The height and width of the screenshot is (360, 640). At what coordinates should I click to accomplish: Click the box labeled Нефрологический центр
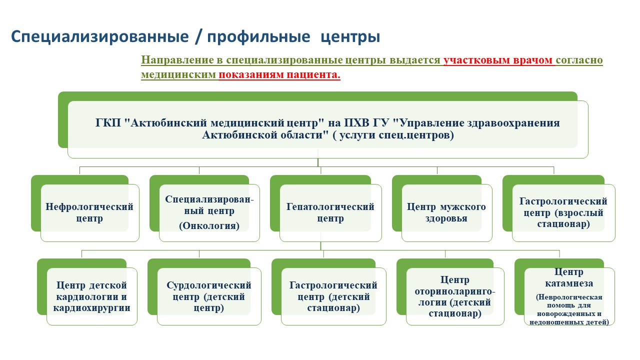click(89, 212)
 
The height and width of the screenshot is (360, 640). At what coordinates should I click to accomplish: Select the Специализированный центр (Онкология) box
click(209, 212)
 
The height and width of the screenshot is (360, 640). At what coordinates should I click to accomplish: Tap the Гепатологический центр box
click(330, 212)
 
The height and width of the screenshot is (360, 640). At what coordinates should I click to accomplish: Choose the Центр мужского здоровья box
click(446, 212)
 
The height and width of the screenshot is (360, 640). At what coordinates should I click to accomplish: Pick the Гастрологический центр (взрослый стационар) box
click(563, 212)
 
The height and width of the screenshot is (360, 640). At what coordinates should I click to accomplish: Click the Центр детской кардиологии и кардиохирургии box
click(91, 296)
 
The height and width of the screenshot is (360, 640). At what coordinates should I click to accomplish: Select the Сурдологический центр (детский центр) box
click(209, 296)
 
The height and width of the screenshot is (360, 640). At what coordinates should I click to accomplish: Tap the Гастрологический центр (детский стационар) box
click(333, 296)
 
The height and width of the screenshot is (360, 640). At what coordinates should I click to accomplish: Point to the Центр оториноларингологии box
click(455, 296)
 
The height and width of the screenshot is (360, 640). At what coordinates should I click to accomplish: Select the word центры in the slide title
click(350, 37)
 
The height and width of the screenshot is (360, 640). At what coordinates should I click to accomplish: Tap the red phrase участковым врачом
click(498, 60)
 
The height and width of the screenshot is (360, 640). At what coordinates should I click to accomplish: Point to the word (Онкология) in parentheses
click(209, 225)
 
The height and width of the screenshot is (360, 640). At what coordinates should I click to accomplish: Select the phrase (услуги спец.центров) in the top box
click(393, 135)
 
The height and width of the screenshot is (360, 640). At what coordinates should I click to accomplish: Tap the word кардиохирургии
click(91, 307)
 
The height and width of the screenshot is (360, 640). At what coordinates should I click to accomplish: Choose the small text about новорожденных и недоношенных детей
click(569, 317)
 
